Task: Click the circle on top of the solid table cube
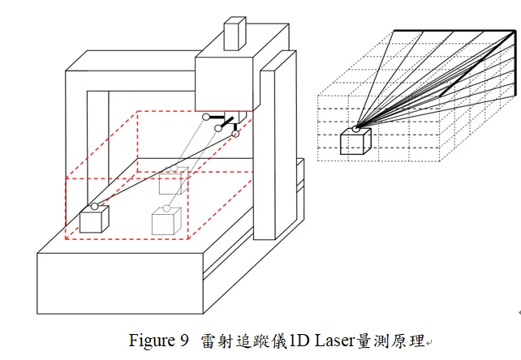click(94, 207)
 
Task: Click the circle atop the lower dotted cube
click(166, 208)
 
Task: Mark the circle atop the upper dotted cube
click(173, 168)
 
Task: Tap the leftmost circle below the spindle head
click(206, 116)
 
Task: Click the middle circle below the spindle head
click(217, 127)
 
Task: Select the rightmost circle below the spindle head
click(236, 134)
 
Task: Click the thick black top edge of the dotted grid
click(454, 31)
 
